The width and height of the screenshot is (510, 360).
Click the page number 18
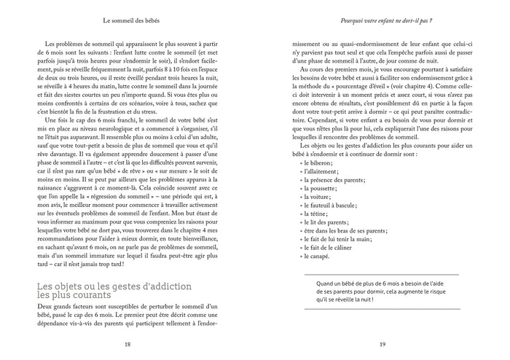(127, 345)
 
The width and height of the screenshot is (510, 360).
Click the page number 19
(382, 345)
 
